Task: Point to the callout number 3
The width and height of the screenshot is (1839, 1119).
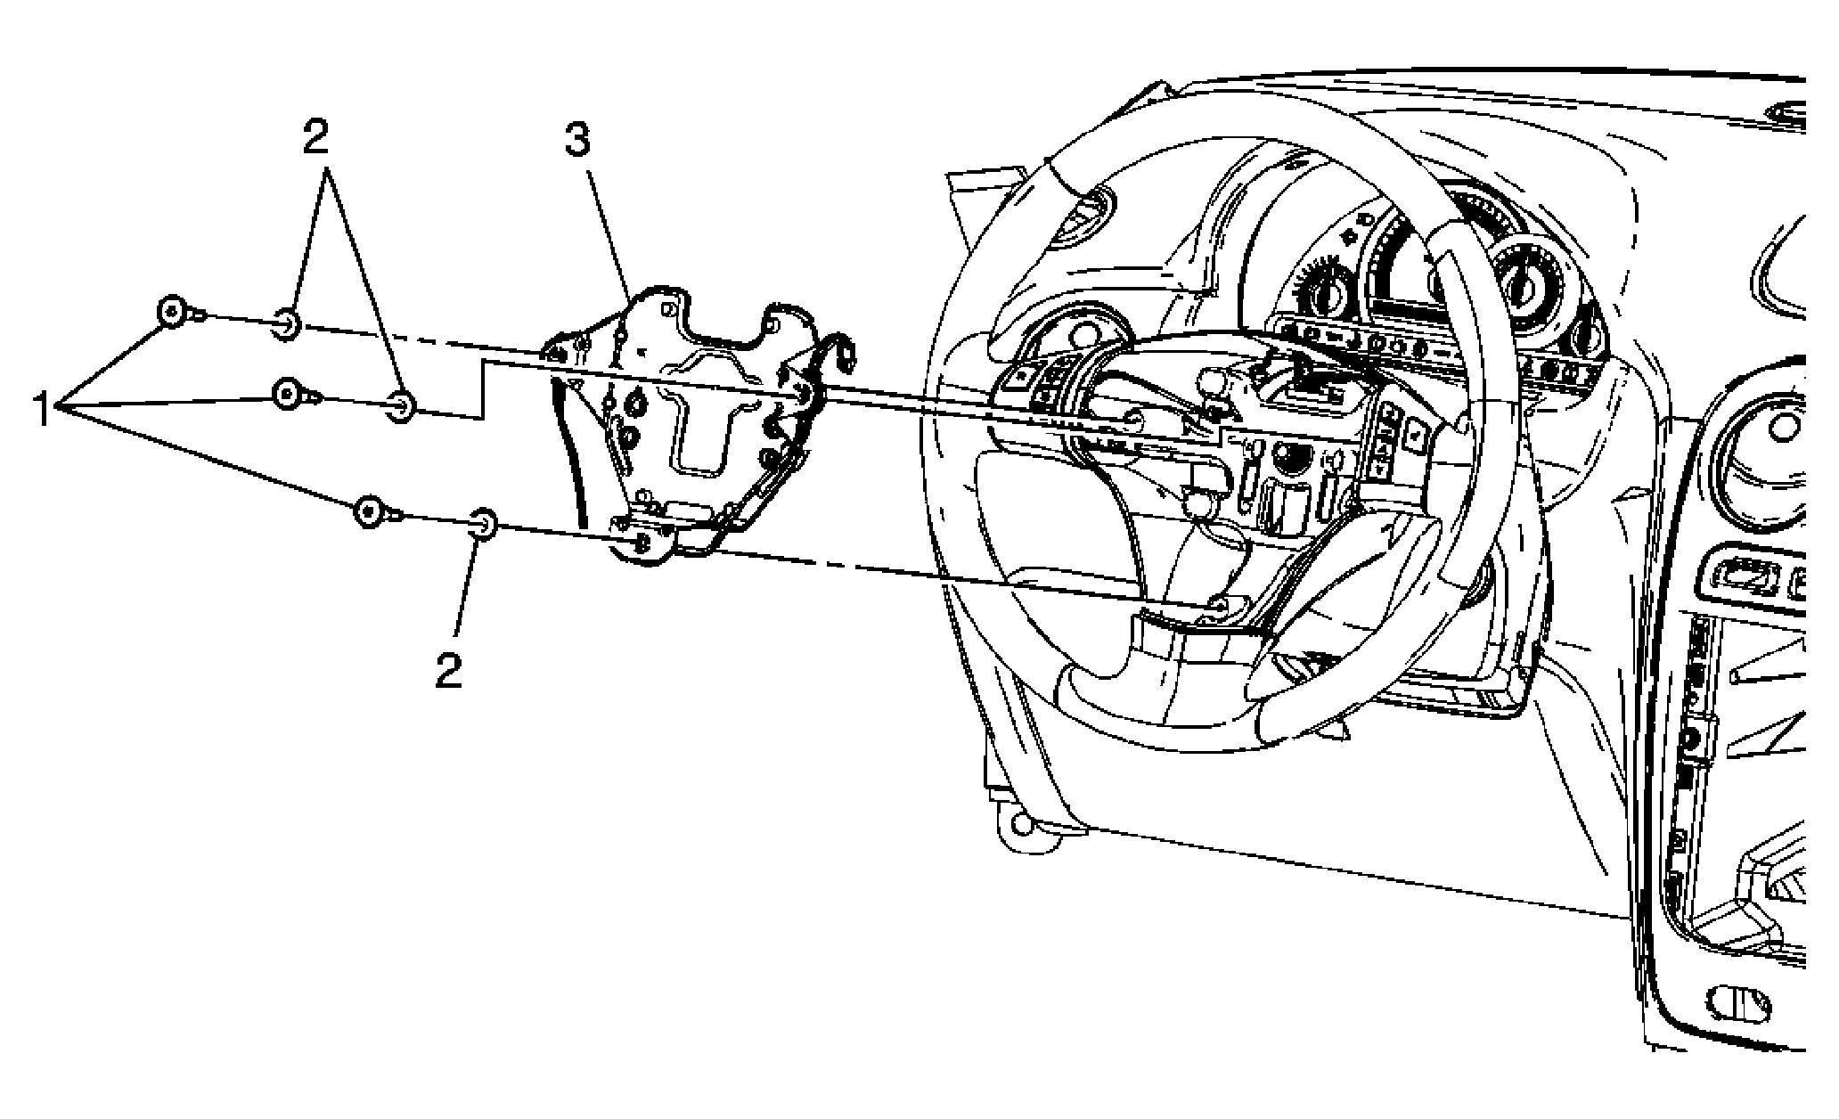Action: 576,140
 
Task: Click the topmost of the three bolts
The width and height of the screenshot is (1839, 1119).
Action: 178,313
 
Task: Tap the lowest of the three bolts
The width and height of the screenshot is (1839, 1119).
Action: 378,512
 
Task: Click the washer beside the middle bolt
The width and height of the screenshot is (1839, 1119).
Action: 402,406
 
